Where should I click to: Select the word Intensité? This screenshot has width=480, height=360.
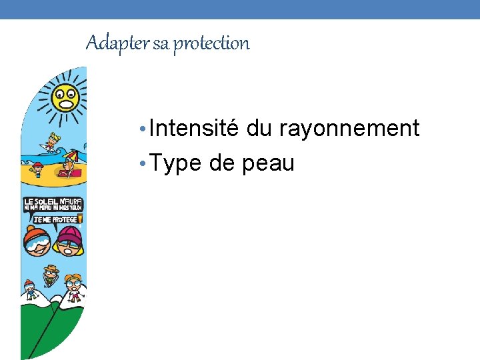[x=194, y=128]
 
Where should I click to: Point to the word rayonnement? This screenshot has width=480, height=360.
[x=349, y=128]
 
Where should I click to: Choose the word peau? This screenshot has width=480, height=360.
[x=268, y=164]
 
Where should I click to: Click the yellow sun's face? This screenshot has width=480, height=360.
[x=66, y=99]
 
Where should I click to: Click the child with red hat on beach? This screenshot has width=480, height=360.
[x=38, y=169]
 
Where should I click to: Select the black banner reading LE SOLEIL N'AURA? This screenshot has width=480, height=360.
[x=53, y=204]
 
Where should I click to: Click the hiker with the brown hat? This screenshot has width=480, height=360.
[x=51, y=273]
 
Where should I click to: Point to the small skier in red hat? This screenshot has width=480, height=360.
[x=30, y=288]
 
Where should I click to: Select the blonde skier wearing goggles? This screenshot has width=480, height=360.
[x=74, y=287]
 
